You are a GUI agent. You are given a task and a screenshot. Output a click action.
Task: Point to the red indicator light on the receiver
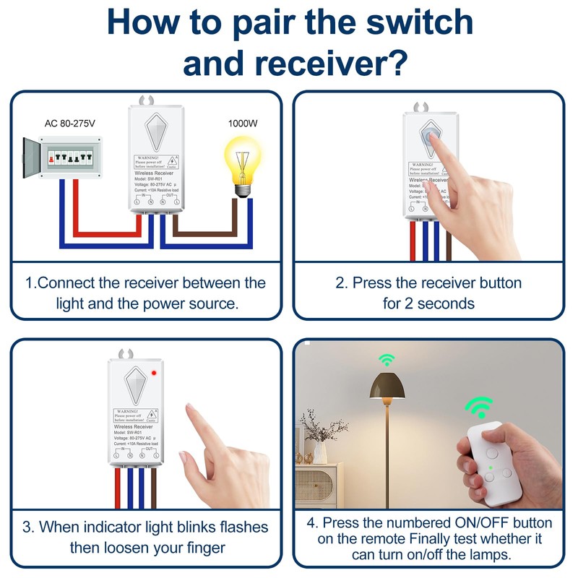(154, 373)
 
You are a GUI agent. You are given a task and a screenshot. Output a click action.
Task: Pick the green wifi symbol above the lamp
(387, 359)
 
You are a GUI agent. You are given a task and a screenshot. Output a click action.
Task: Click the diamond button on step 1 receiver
(155, 131)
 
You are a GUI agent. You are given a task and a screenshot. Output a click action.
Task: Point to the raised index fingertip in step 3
(191, 411)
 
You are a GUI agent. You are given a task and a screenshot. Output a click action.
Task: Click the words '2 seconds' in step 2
(428, 303)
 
